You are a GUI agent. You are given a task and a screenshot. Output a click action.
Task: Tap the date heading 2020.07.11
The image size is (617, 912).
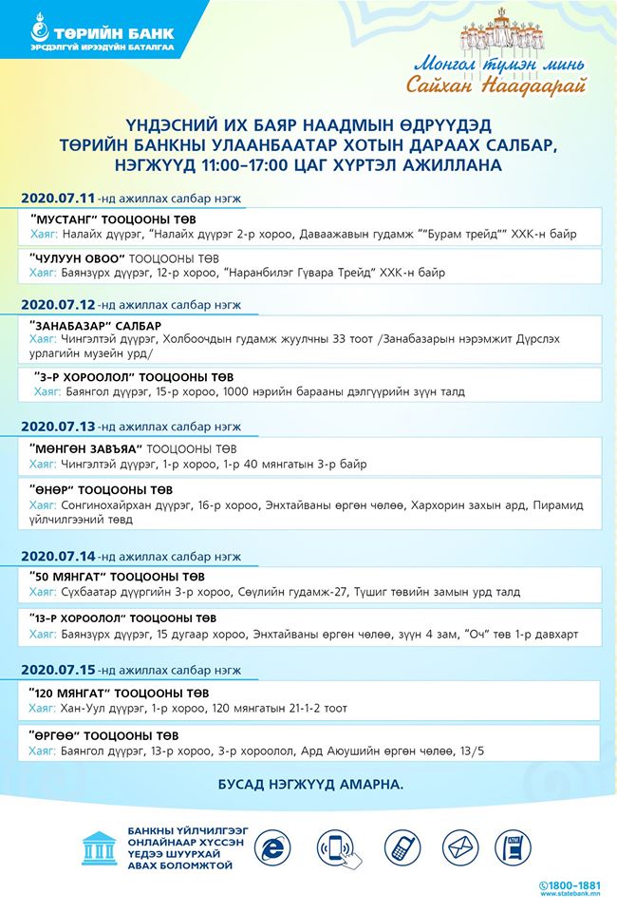point(57,198)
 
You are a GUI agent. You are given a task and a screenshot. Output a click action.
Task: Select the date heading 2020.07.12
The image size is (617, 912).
point(57,307)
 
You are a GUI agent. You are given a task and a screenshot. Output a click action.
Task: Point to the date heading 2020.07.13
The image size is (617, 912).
point(57,427)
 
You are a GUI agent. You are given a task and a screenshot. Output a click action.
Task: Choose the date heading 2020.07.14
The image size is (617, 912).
point(57,556)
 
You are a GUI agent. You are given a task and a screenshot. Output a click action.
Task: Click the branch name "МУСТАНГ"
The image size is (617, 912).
point(65,218)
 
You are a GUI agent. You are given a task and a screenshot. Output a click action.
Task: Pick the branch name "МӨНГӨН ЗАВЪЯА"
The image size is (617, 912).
point(85,448)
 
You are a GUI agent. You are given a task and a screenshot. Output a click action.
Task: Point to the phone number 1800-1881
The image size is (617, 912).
point(575,884)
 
